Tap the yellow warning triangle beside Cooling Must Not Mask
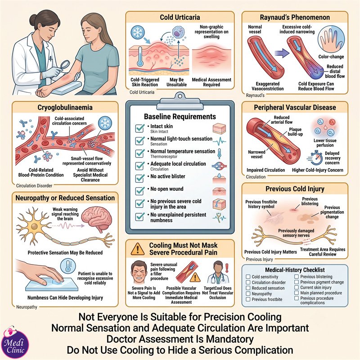tap(138, 249)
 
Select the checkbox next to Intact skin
tap(140, 128)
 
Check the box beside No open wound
tap(140, 190)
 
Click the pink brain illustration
tap(97, 220)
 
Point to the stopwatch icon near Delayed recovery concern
tap(315, 158)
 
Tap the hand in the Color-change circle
tap(331, 41)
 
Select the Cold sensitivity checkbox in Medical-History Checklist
tap(248, 277)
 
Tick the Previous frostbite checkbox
tap(248, 299)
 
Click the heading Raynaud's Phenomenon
tap(295, 17)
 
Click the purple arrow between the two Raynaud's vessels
tap(282, 53)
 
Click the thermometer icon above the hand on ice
tap(68, 266)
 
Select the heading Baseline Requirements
tap(180, 117)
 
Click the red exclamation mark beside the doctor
tap(227, 268)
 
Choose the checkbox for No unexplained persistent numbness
tap(140, 217)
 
